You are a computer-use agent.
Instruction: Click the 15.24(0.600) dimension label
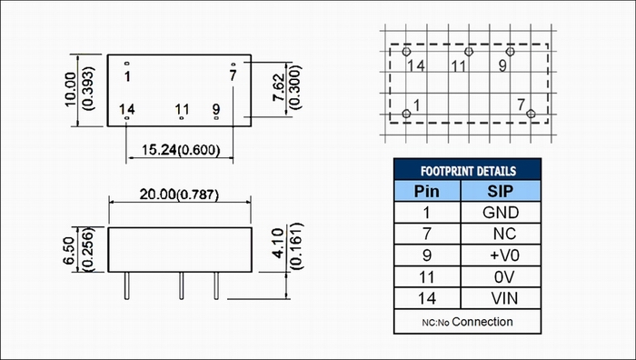[181, 150]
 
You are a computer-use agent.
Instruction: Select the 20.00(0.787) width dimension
[179, 195]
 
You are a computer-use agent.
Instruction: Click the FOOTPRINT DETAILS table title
[468, 171]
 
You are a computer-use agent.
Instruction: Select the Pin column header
[426, 191]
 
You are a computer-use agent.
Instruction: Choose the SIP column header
[500, 191]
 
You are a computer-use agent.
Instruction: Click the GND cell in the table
[501, 213]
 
